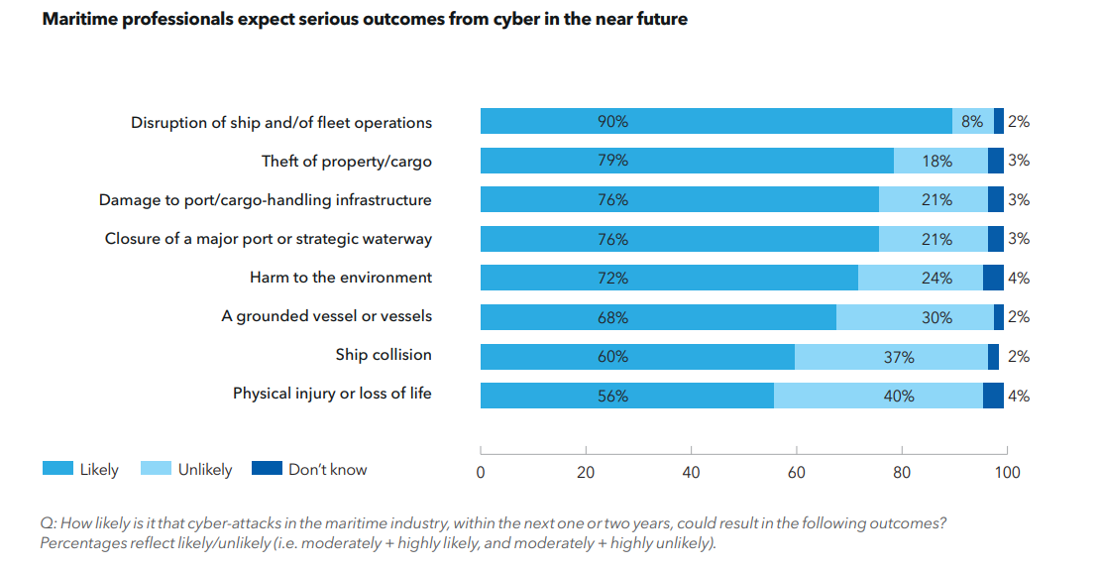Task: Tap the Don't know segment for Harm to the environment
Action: (993, 279)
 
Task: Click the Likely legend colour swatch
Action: (56, 469)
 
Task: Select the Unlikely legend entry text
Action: (205, 470)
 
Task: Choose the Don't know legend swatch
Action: (267, 469)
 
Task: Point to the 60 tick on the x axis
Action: (796, 473)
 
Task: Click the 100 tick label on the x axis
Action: (1007, 473)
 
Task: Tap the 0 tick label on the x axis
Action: (481, 473)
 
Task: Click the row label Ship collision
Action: (384, 355)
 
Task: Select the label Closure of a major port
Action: (268, 239)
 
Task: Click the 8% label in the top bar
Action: (972, 122)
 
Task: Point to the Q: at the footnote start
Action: (48, 523)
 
